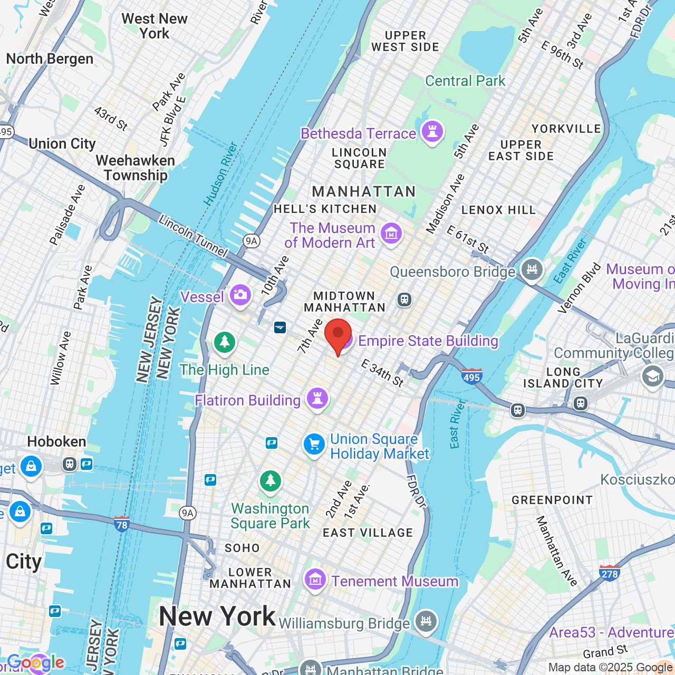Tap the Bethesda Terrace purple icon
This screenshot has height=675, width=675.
pyautogui.click(x=432, y=132)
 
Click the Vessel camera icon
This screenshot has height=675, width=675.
pyautogui.click(x=240, y=295)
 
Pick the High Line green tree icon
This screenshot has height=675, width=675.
pyautogui.click(x=225, y=342)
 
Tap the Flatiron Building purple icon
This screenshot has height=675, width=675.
pyautogui.click(x=317, y=399)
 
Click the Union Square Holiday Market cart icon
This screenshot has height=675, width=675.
pyautogui.click(x=314, y=445)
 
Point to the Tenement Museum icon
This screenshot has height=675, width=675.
pyautogui.click(x=315, y=581)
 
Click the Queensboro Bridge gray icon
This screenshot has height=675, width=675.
pyautogui.click(x=532, y=270)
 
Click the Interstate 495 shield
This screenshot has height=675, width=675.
pyautogui.click(x=471, y=377)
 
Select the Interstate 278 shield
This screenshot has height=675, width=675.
pyautogui.click(x=610, y=573)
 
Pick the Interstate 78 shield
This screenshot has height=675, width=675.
pyautogui.click(x=122, y=524)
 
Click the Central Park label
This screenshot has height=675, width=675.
pyautogui.click(x=465, y=81)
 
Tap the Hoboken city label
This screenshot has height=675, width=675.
pyautogui.click(x=56, y=441)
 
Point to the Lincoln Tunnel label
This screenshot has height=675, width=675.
pyautogui.click(x=193, y=236)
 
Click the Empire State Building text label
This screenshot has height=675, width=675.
pyautogui.click(x=428, y=341)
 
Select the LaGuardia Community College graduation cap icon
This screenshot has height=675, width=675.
pyautogui.click(x=652, y=377)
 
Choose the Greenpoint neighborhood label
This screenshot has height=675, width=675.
pyautogui.click(x=552, y=500)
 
